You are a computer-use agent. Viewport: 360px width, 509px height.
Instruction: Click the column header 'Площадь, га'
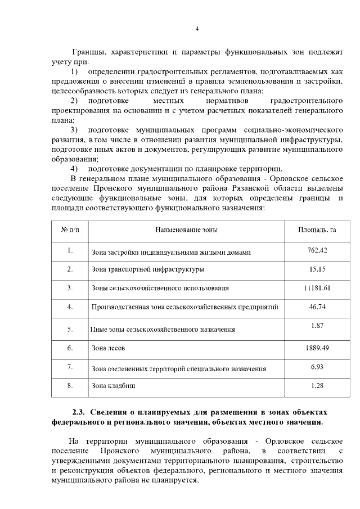point(317,229)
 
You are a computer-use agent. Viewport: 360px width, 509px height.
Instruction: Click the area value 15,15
point(317,269)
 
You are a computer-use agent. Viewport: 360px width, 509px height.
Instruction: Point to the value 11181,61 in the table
point(317,288)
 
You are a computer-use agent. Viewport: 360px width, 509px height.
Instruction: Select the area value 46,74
point(317,307)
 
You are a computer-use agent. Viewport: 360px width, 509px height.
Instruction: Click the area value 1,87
point(317,326)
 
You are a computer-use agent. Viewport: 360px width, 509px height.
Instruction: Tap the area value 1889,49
point(317,348)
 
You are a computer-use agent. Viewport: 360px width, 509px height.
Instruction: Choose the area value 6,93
point(317,367)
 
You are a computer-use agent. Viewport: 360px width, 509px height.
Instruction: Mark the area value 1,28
point(317,386)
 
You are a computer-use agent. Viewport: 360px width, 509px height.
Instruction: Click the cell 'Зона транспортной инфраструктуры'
point(147,270)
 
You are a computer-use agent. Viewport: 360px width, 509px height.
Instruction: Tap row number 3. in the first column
point(70,288)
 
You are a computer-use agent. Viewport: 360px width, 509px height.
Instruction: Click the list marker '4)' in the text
point(74,169)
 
